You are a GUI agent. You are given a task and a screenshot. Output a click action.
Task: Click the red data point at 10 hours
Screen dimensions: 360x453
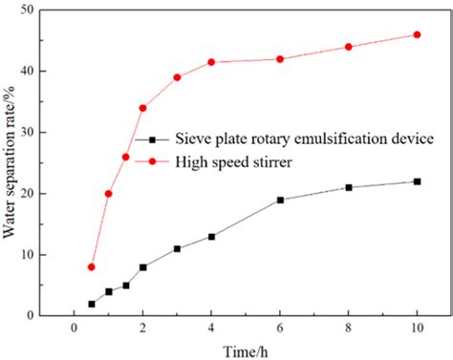point(417,34)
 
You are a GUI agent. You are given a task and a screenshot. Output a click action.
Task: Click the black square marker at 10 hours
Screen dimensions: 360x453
point(417,181)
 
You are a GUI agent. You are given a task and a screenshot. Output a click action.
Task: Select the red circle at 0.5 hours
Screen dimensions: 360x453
point(92,266)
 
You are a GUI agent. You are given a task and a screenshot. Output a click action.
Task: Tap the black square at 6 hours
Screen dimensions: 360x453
point(280,200)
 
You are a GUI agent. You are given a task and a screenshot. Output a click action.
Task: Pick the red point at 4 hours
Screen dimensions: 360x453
point(211,62)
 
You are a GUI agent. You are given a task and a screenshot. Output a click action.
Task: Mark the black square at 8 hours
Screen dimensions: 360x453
point(349,187)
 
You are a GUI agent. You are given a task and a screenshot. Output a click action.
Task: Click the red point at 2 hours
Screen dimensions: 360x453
point(143,108)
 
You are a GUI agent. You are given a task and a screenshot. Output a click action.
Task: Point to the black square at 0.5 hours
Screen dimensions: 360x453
point(92,304)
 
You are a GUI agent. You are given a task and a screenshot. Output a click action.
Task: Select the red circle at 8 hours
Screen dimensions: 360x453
point(349,47)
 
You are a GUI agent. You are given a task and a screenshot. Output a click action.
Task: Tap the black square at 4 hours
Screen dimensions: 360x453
point(211,236)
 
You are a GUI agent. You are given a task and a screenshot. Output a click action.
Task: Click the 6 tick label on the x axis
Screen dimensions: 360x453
point(280,328)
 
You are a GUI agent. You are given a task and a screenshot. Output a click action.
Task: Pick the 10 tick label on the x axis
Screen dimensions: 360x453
point(417,328)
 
